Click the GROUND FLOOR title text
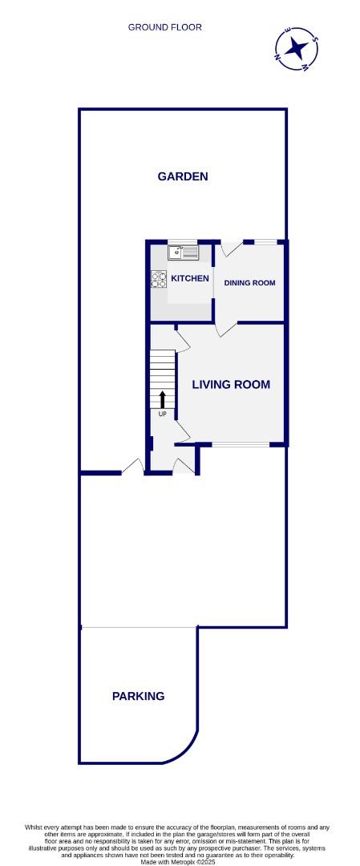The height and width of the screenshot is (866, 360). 165,27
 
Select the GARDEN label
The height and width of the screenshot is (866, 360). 183,176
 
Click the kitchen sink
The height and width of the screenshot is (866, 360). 183,253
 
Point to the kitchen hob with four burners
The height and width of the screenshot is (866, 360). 159,279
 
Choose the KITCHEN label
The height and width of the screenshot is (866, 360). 190,278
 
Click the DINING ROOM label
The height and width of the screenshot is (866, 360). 249,283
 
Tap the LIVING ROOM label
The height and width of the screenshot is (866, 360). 231,385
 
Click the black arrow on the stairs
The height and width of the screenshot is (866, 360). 163,399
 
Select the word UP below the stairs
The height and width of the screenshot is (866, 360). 163,414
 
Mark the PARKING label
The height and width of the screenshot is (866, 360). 138,696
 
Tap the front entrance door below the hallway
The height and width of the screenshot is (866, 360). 184,466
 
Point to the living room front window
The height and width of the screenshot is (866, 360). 241,444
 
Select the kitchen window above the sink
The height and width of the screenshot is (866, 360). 183,241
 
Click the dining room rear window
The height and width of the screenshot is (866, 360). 265,241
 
